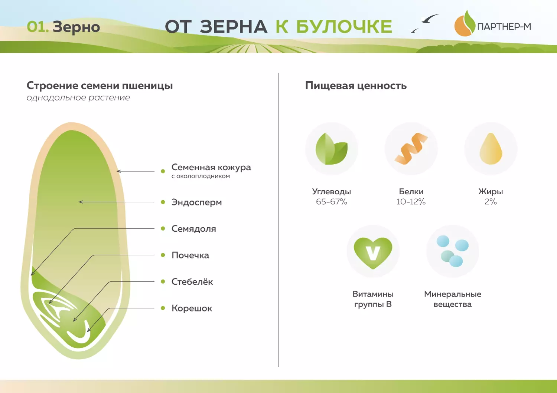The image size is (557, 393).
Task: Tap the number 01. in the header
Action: tap(38, 27)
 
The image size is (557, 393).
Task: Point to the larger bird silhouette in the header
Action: tap(430, 19)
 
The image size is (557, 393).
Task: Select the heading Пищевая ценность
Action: tap(356, 86)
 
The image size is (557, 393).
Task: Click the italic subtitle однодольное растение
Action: tap(78, 98)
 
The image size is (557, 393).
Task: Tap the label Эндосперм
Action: tap(196, 202)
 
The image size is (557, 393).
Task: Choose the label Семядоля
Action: tap(193, 229)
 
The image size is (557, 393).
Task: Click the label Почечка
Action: tap(190, 255)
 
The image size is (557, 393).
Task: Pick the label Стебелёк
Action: tap(192, 282)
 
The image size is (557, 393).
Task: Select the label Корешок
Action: tap(192, 308)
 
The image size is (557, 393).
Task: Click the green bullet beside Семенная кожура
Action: tap(163, 171)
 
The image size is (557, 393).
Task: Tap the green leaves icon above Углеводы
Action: tap(332, 149)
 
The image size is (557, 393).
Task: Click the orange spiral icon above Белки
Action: tap(411, 149)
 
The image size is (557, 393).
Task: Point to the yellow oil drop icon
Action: tap(491, 149)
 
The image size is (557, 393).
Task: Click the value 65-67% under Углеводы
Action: tap(332, 202)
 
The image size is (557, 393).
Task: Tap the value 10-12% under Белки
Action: tap(411, 202)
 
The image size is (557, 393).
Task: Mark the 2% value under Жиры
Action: tap(491, 202)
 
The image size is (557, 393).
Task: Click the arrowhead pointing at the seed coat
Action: tap(118, 171)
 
